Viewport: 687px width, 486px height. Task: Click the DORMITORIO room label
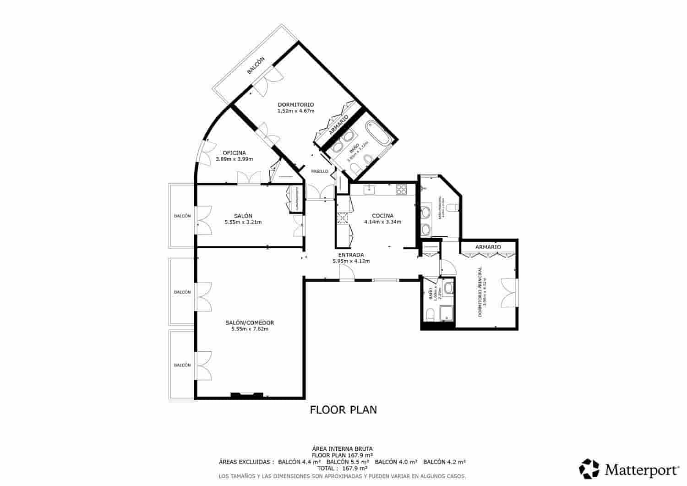pyautogui.click(x=295, y=104)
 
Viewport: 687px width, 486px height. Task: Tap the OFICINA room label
pyautogui.click(x=234, y=153)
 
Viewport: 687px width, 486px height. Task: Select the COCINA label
pyautogui.click(x=382, y=216)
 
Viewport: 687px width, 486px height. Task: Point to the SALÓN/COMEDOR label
pyautogui.click(x=250, y=322)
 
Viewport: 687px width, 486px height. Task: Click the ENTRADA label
pyautogui.click(x=351, y=255)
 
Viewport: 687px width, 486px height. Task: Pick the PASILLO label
pyautogui.click(x=320, y=171)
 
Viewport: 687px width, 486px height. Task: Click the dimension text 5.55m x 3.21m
pyautogui.click(x=243, y=222)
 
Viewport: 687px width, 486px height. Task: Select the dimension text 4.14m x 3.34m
pyautogui.click(x=382, y=222)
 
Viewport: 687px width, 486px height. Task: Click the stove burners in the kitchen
pyautogui.click(x=401, y=188)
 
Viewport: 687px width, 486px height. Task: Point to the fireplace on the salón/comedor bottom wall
pyautogui.click(x=247, y=394)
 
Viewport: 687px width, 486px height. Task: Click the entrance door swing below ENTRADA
pyautogui.click(x=346, y=273)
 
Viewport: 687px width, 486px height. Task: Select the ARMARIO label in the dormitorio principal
pyautogui.click(x=488, y=247)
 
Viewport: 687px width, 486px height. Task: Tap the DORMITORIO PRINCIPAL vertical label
pyautogui.click(x=480, y=291)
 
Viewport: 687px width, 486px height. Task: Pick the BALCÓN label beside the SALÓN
pyautogui.click(x=182, y=216)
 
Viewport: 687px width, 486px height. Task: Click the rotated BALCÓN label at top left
pyautogui.click(x=256, y=66)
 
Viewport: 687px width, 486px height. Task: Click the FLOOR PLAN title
pyautogui.click(x=343, y=410)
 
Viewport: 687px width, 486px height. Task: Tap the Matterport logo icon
pyautogui.click(x=589, y=469)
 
